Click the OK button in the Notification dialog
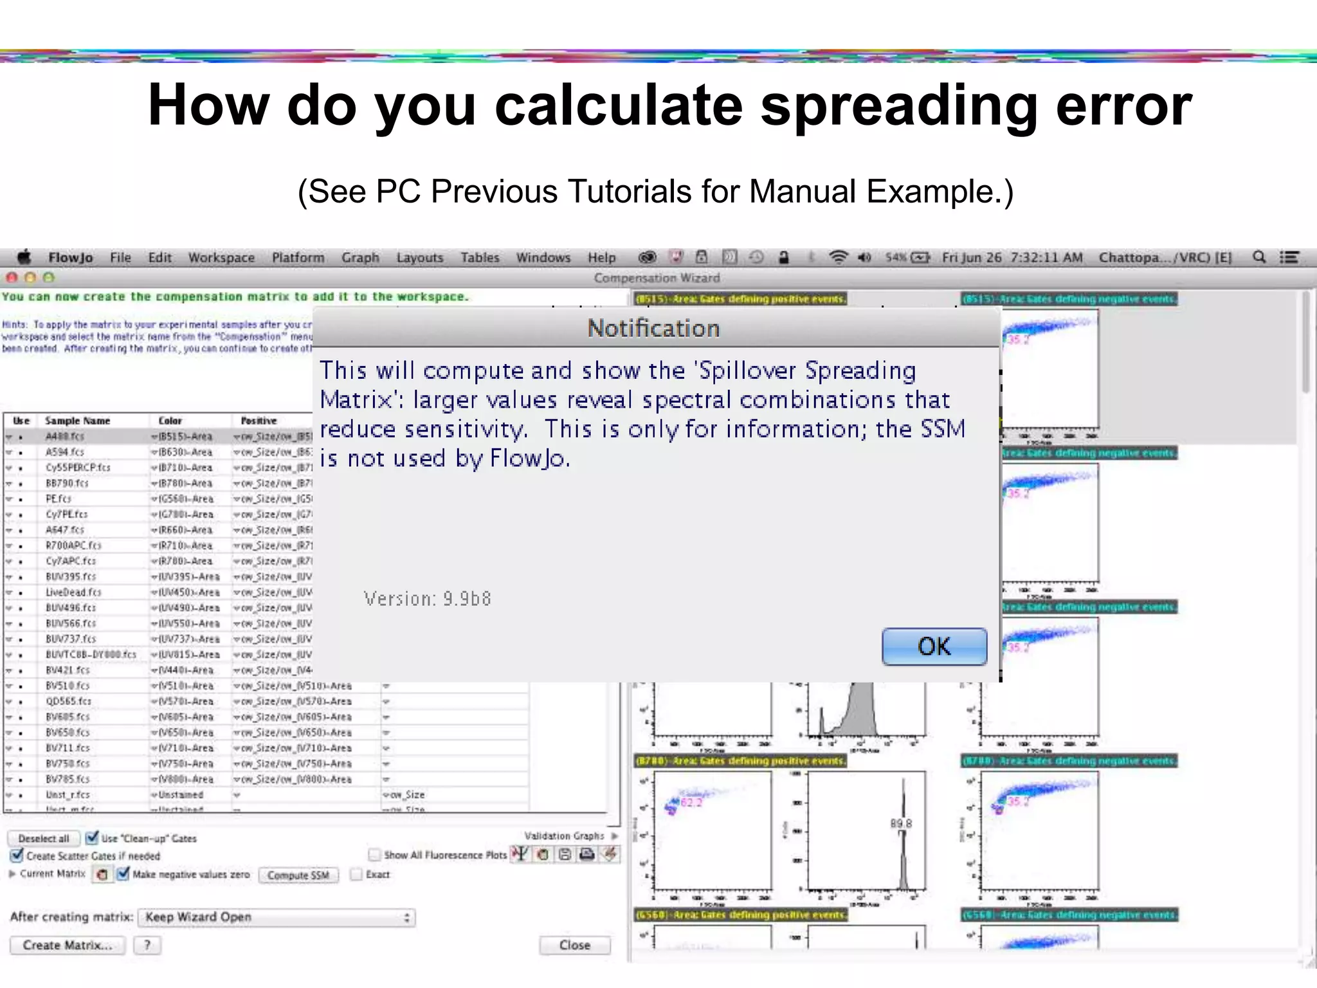point(934,646)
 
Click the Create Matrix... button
point(67,945)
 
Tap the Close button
point(574,945)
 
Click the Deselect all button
point(43,838)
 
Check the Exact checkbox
point(356,874)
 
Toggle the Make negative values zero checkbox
point(123,874)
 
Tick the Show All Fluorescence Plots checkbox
point(374,855)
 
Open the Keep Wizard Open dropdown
point(277,917)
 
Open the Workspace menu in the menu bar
point(221,258)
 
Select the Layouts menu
point(419,258)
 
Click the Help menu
point(601,258)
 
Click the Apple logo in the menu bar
point(24,257)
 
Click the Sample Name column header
point(77,421)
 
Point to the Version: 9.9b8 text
point(427,599)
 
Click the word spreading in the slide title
point(898,106)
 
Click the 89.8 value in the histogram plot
point(900,823)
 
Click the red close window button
point(12,278)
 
